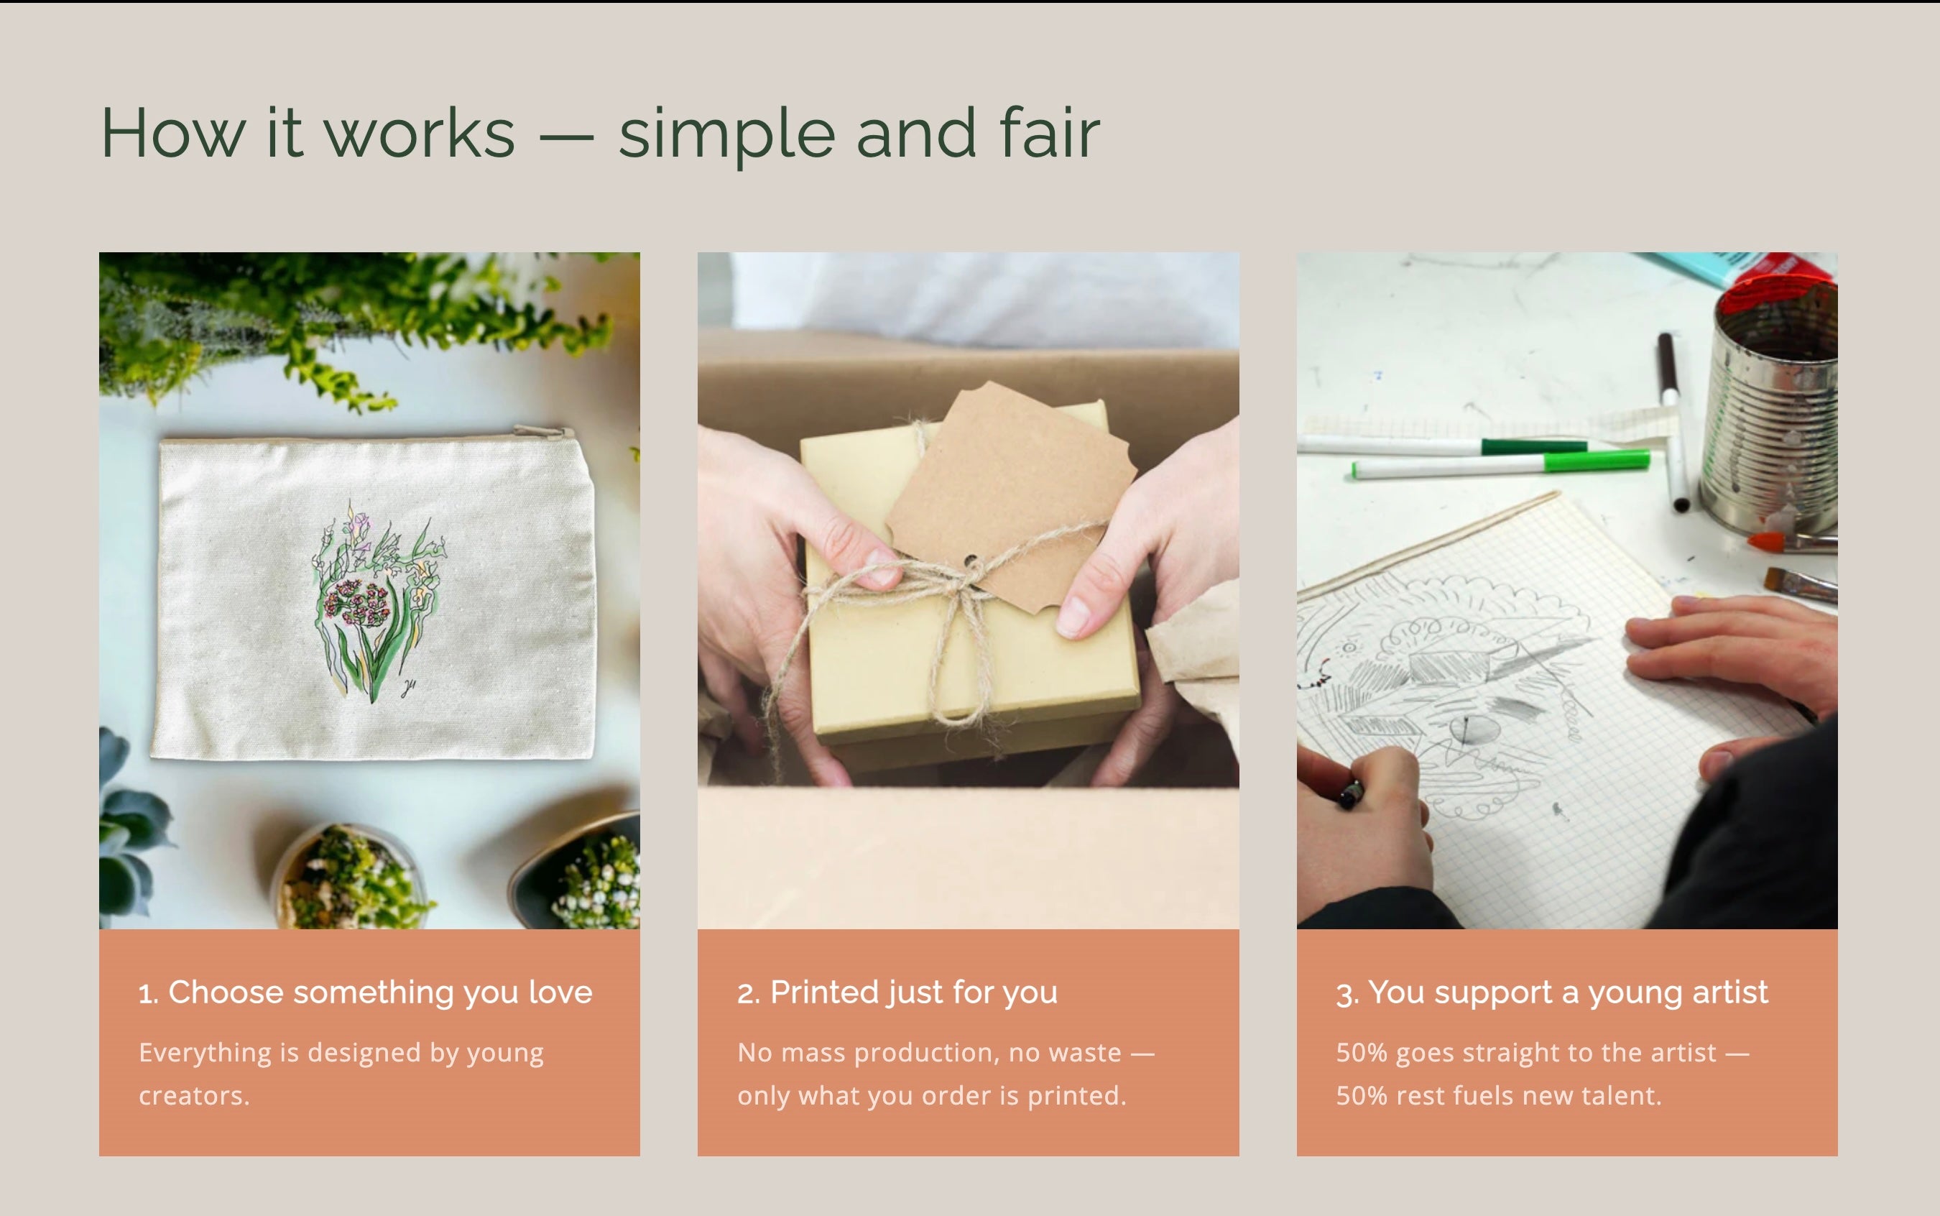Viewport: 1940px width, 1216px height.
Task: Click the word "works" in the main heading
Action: pyautogui.click(x=419, y=134)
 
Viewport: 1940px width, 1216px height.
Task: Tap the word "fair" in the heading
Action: pyautogui.click(x=1049, y=132)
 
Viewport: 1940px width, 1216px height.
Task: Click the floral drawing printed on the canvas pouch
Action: pyautogui.click(x=377, y=600)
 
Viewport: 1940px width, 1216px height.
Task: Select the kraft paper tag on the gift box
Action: pyautogui.click(x=1012, y=499)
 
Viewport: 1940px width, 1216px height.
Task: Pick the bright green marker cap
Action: pyautogui.click(x=1596, y=461)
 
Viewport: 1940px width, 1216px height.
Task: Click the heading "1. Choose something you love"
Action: pyautogui.click(x=365, y=992)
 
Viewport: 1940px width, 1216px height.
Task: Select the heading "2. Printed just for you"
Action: pyautogui.click(x=897, y=992)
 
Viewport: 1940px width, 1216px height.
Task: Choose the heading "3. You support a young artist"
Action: pyautogui.click(x=1552, y=992)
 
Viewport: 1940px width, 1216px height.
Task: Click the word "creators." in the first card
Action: pyautogui.click(x=194, y=1095)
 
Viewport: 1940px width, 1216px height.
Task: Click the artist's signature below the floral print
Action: pyautogui.click(x=408, y=688)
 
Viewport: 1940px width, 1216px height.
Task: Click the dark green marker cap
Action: pyautogui.click(x=1534, y=446)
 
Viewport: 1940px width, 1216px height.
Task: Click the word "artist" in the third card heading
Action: pyautogui.click(x=1730, y=992)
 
